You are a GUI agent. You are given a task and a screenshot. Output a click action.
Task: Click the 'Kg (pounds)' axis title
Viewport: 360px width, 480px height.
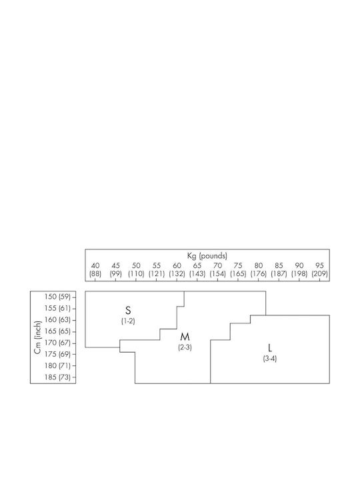pyautogui.click(x=207, y=255)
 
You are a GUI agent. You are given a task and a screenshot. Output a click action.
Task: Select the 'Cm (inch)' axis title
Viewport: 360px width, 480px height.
pyautogui.click(x=37, y=337)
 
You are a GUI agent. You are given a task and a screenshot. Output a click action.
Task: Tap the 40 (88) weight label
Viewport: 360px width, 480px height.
pyautogui.click(x=95, y=270)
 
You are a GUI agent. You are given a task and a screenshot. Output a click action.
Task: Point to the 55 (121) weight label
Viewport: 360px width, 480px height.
pyautogui.click(x=157, y=270)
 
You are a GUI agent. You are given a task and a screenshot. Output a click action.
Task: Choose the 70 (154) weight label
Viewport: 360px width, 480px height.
pyautogui.click(x=217, y=270)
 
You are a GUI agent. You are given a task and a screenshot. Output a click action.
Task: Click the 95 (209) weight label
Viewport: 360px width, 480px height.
pyautogui.click(x=319, y=270)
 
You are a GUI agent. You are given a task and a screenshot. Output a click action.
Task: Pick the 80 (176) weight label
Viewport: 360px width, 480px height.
pyautogui.click(x=259, y=270)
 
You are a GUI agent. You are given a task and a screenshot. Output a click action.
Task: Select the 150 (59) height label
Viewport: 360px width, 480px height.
pyautogui.click(x=57, y=297)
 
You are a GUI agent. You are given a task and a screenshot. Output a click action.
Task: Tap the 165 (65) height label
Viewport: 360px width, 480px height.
pyautogui.click(x=57, y=331)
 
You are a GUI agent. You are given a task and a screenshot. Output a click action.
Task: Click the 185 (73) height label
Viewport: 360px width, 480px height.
pyautogui.click(x=57, y=377)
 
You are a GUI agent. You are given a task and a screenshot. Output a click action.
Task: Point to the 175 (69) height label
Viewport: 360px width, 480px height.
pyautogui.click(x=57, y=354)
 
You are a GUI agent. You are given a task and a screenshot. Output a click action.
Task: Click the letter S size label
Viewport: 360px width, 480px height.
pyautogui.click(x=128, y=311)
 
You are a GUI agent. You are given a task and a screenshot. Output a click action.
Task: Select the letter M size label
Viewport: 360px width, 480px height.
pyautogui.click(x=185, y=337)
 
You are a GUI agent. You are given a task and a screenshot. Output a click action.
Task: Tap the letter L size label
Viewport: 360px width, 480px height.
pyautogui.click(x=270, y=348)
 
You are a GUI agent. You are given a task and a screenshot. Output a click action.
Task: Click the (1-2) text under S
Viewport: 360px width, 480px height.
pyautogui.click(x=128, y=321)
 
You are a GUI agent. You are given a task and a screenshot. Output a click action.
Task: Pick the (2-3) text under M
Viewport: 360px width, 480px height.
pyautogui.click(x=185, y=347)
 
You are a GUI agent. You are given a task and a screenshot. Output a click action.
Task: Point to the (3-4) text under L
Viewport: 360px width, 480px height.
pyautogui.click(x=270, y=359)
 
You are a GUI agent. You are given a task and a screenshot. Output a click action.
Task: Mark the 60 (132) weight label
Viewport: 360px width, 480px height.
pyautogui.click(x=177, y=270)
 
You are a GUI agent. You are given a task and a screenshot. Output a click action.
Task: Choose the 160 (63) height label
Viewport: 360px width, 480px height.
pyautogui.click(x=57, y=319)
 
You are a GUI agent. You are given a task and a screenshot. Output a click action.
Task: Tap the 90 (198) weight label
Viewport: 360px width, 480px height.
pyautogui.click(x=299, y=270)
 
